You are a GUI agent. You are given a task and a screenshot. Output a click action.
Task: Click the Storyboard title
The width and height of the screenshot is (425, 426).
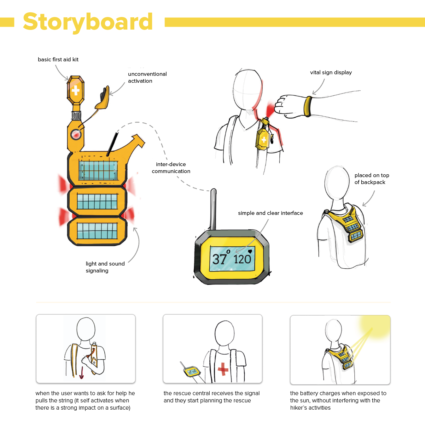[88, 22]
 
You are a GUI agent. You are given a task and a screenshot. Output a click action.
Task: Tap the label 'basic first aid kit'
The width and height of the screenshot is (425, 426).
[58, 59]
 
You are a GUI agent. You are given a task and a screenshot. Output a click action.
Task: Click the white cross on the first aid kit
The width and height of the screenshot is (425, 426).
[75, 91]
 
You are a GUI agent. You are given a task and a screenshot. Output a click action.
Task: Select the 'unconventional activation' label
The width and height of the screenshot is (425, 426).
[147, 77]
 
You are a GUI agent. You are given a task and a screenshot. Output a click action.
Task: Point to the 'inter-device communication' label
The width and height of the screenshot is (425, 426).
[171, 168]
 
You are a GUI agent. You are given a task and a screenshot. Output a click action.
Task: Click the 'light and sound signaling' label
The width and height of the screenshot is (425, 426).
[105, 267]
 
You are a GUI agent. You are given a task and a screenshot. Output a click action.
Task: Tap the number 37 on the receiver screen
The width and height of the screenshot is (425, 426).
[219, 259]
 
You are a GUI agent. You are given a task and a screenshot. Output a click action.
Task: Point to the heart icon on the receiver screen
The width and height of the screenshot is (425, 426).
[250, 251]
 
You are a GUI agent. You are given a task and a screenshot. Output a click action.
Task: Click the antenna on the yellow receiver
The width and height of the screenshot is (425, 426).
[213, 209]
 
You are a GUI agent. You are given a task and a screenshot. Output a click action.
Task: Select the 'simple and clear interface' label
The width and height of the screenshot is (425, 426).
[270, 213]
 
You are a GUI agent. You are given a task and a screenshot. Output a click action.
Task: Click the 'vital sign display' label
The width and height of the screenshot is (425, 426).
[331, 72]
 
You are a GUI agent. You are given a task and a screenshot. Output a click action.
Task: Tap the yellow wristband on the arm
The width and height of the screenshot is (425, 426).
[308, 106]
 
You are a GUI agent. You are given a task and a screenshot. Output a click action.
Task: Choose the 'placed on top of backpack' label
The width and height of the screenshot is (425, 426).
[372, 179]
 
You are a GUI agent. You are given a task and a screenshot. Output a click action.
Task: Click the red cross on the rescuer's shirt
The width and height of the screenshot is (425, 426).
[223, 369]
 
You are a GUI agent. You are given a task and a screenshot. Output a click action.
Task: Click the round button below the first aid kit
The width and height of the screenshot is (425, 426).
[76, 134]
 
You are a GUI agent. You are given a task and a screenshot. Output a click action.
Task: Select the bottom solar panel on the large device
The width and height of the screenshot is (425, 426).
[97, 231]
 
